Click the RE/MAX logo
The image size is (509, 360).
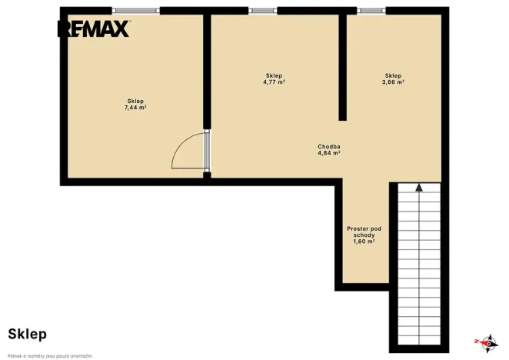point(94,28)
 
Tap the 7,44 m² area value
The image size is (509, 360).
point(135,108)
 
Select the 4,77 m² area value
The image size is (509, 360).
point(274,82)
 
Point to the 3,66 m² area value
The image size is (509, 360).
point(393,82)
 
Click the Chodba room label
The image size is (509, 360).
point(329,146)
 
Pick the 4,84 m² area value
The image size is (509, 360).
point(329,153)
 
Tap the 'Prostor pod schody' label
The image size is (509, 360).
point(364,232)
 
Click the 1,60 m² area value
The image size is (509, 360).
point(364,242)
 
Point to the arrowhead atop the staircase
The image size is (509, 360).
point(419,187)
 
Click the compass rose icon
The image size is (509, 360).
point(487,343)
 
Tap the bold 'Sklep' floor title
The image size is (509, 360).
point(27,335)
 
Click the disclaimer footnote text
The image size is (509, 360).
point(50,356)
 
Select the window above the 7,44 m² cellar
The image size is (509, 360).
point(136,11)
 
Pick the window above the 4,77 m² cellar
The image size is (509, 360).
point(263,11)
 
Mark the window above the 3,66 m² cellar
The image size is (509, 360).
point(371,11)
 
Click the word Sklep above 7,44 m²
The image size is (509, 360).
point(135,101)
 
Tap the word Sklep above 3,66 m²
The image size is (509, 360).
point(393,75)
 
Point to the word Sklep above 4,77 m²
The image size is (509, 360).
point(274,75)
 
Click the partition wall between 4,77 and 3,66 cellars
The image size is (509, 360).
point(342,68)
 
